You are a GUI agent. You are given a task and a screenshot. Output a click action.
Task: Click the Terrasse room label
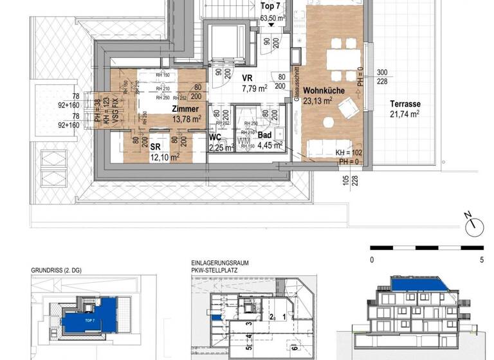coord(404,104)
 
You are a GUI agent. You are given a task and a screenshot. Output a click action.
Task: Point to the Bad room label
coord(264,135)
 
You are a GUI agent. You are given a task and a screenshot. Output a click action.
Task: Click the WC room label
coord(216,137)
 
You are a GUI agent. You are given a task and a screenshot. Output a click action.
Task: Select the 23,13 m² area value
coord(317,100)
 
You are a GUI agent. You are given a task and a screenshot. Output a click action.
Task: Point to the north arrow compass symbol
coord(475,226)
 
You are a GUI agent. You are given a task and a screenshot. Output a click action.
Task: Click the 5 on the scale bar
coord(482,260)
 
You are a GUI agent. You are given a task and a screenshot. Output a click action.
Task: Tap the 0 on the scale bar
coord(372,260)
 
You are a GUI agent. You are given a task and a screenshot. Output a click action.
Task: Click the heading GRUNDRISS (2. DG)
coord(60,271)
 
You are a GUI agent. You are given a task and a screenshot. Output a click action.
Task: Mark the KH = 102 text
coord(349,153)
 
